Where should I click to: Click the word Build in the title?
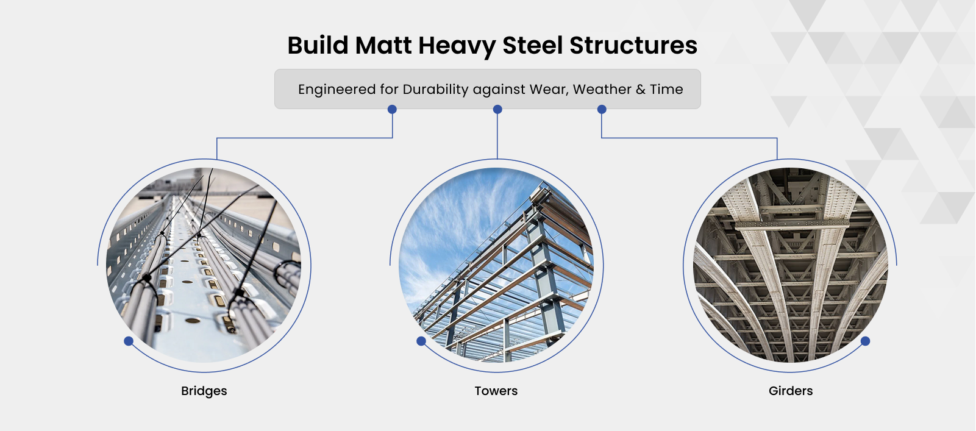[x=318, y=45]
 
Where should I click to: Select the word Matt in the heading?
[x=383, y=45]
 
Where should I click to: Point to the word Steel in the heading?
[x=532, y=45]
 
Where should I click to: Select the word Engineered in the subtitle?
[x=337, y=90]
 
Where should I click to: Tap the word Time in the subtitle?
[x=667, y=90]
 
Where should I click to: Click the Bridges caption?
[x=204, y=391]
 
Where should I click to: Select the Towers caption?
[x=496, y=391]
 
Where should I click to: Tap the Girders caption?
[x=791, y=391]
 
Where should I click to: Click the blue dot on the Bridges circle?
[x=129, y=341]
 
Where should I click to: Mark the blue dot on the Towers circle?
[x=421, y=341]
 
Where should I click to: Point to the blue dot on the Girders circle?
[x=865, y=341]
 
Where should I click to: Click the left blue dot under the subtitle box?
[x=392, y=109]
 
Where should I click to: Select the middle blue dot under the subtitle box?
[x=497, y=109]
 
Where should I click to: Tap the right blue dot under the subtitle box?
[x=602, y=109]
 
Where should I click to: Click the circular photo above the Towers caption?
[x=496, y=265]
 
